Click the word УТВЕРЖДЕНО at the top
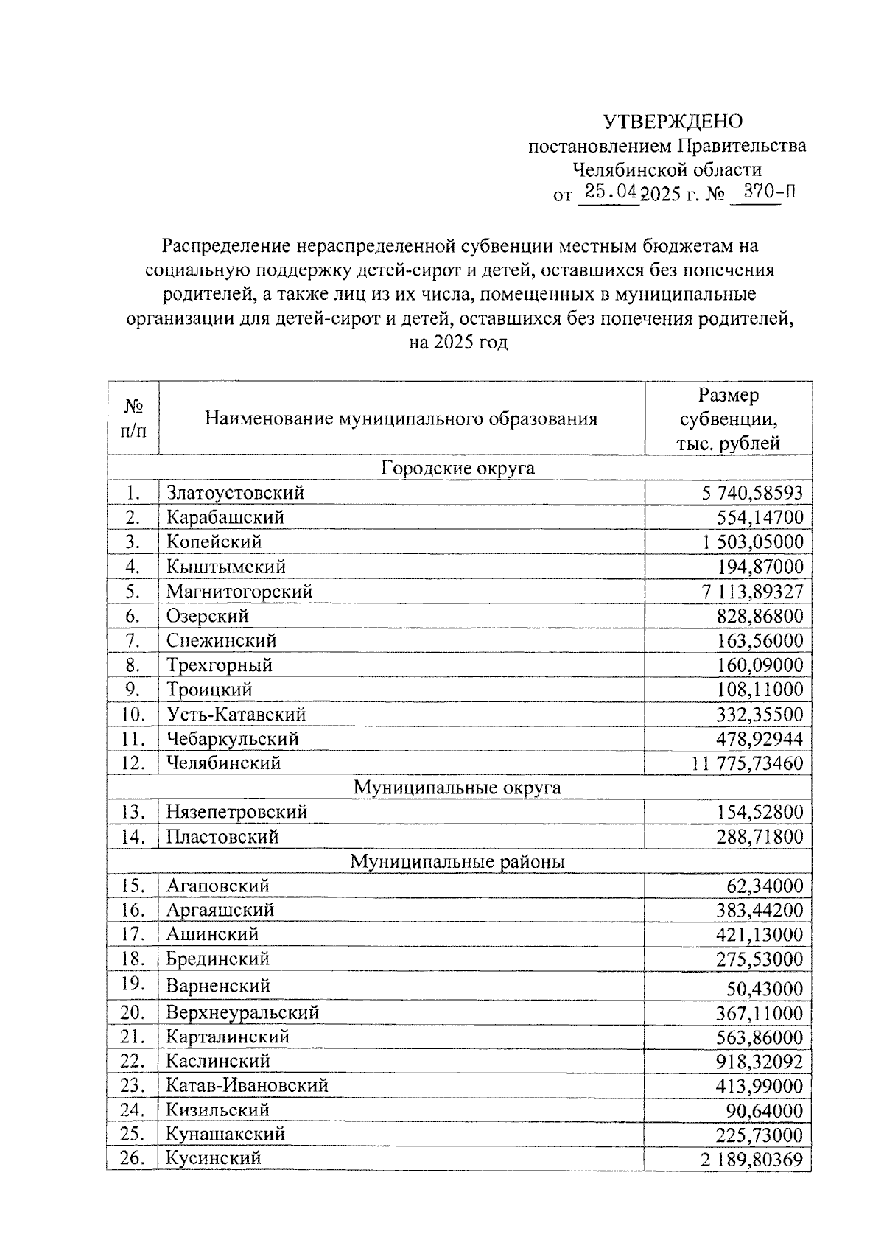coord(673,121)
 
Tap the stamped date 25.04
coord(609,193)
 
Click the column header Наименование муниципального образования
coord(401,419)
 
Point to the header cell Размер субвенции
coord(729,419)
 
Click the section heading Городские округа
coord(458,469)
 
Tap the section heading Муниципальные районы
coord(457,861)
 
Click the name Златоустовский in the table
coord(235,493)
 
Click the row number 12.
coord(133,763)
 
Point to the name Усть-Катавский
coord(236,715)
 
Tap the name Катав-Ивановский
coord(247,1085)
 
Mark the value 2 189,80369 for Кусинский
coord(751,1160)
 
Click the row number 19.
coord(133,984)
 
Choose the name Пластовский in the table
coord(222,837)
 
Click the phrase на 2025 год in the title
coord(458,343)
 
